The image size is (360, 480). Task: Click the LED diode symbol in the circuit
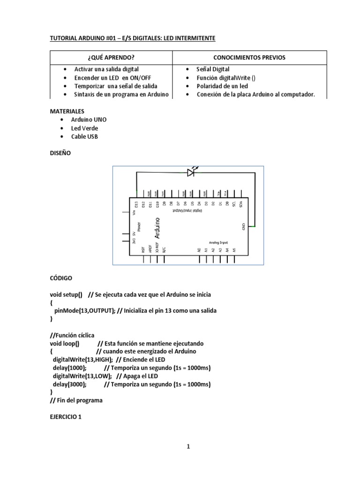[190, 172]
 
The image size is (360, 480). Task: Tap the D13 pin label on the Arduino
[136, 204]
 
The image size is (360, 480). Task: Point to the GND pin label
[243, 226]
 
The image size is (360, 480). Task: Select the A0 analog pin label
[199, 250]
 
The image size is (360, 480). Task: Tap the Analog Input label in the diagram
[218, 242]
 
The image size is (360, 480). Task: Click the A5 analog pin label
[234, 250]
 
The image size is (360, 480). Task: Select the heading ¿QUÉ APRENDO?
[111, 58]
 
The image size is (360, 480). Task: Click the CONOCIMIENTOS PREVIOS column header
[249, 58]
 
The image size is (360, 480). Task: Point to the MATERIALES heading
[67, 112]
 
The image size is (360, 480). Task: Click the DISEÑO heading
[60, 153]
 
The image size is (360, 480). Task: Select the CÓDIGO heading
[61, 278]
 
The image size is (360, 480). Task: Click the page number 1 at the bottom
[188, 447]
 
